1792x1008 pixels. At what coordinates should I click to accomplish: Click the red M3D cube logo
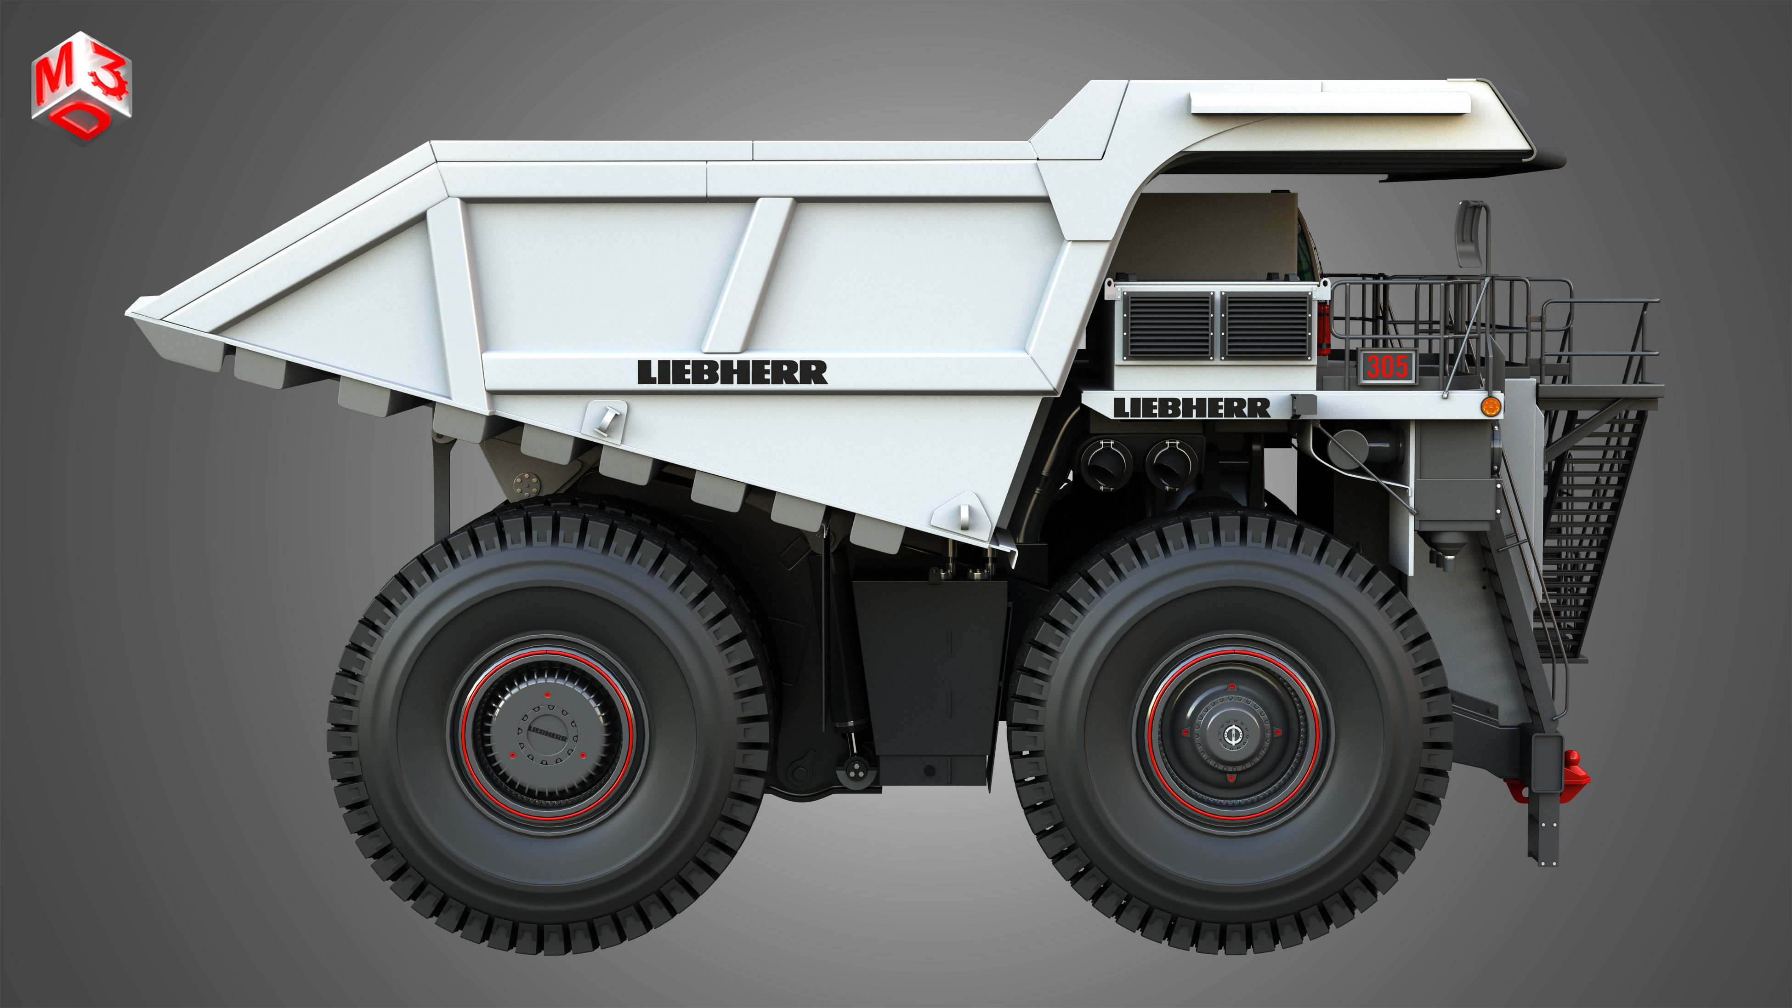81,86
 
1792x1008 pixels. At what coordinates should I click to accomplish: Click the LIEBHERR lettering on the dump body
732,372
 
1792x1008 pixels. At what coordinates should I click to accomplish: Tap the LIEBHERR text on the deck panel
1191,408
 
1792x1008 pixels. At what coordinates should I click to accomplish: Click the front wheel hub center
1232,735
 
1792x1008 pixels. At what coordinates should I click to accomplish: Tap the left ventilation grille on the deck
1169,324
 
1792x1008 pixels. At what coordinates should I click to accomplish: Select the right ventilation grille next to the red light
1266,324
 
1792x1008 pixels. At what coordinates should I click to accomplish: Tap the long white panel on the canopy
1329,103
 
